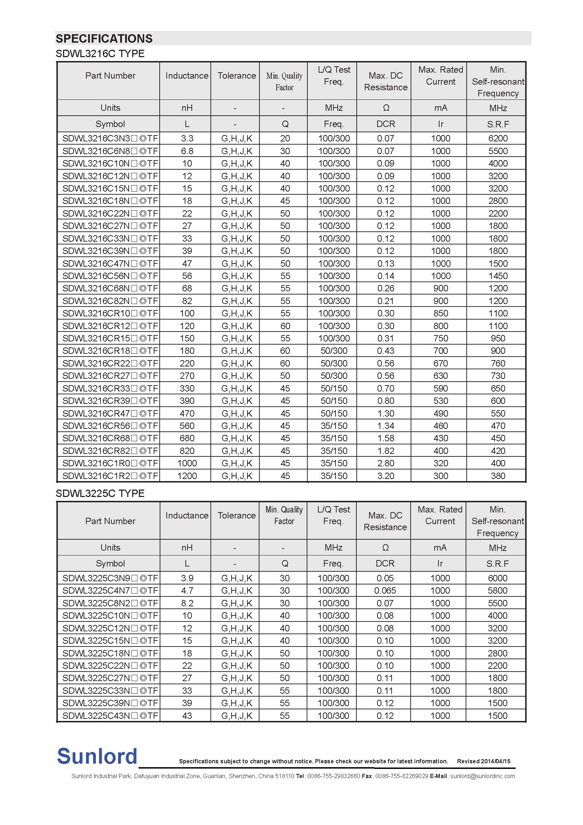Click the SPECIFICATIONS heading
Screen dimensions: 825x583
104,38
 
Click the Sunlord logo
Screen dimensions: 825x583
97,756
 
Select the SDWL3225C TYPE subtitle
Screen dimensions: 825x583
100,493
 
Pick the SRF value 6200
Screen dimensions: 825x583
498,138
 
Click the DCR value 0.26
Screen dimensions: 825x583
386,288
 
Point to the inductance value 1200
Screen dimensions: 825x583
187,476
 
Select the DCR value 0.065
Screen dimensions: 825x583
385,590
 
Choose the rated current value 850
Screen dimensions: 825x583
441,313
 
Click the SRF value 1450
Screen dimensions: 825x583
498,276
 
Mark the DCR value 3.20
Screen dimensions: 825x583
386,476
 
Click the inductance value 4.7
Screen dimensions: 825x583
187,590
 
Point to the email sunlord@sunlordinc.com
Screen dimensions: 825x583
483,776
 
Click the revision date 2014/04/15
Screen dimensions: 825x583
495,761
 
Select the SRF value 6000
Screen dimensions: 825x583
497,578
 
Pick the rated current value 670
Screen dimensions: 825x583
441,363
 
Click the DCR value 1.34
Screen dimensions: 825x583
386,426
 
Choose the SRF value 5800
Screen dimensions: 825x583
497,590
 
